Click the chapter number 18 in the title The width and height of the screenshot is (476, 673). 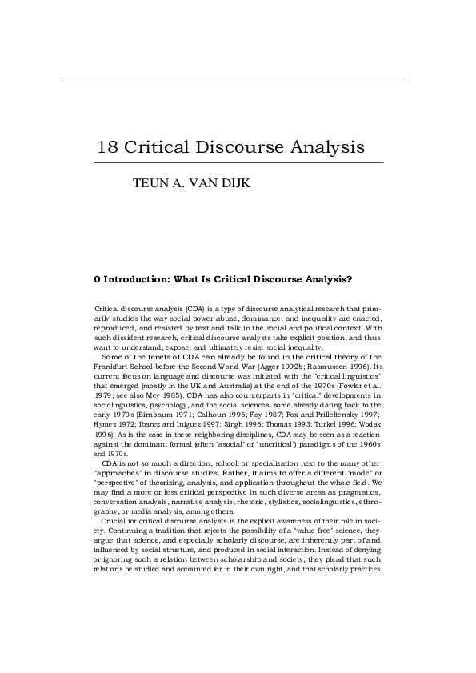pyautogui.click(x=106, y=148)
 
